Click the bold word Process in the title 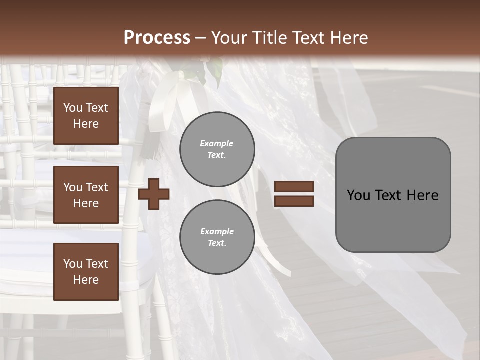click(x=157, y=38)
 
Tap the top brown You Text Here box click(x=86, y=116)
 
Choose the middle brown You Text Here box click(x=86, y=195)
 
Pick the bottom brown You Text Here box click(x=86, y=271)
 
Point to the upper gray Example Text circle click(x=217, y=149)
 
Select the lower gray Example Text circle click(x=217, y=237)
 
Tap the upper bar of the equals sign click(x=294, y=186)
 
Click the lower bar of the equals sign click(x=294, y=201)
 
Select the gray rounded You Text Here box click(x=393, y=195)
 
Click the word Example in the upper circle click(x=216, y=144)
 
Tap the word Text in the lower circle click(x=216, y=243)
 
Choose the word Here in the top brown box click(x=86, y=124)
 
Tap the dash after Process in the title click(x=200, y=38)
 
